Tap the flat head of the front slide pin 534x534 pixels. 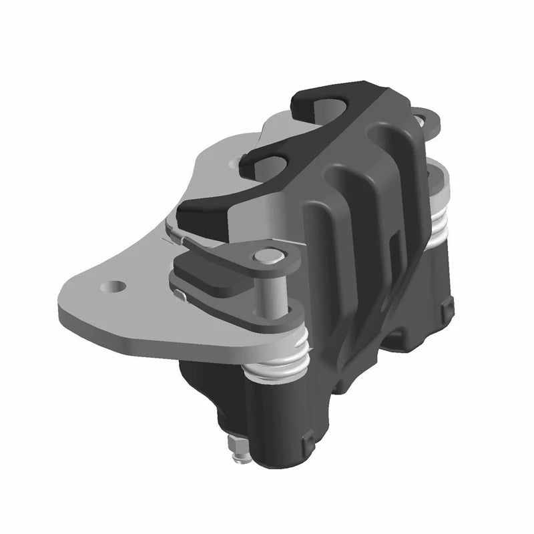[269, 255]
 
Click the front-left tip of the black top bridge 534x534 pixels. [194, 214]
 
